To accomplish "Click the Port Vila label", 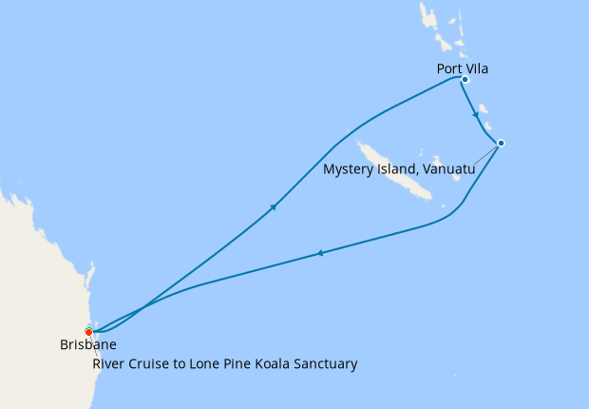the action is [x=463, y=68].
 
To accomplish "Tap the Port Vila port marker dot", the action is [x=465, y=80].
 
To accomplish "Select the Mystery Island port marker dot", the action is [x=501, y=144].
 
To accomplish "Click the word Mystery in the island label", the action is [x=349, y=169].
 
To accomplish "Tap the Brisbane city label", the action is [x=88, y=345].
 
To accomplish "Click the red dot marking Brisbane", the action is [x=88, y=332].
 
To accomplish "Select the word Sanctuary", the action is [x=325, y=363].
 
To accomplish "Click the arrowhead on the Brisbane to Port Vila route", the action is [x=274, y=206].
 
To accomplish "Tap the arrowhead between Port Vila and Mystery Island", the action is [x=475, y=114].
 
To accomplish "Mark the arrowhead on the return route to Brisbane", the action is [x=321, y=253].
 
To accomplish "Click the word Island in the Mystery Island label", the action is [x=397, y=169].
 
